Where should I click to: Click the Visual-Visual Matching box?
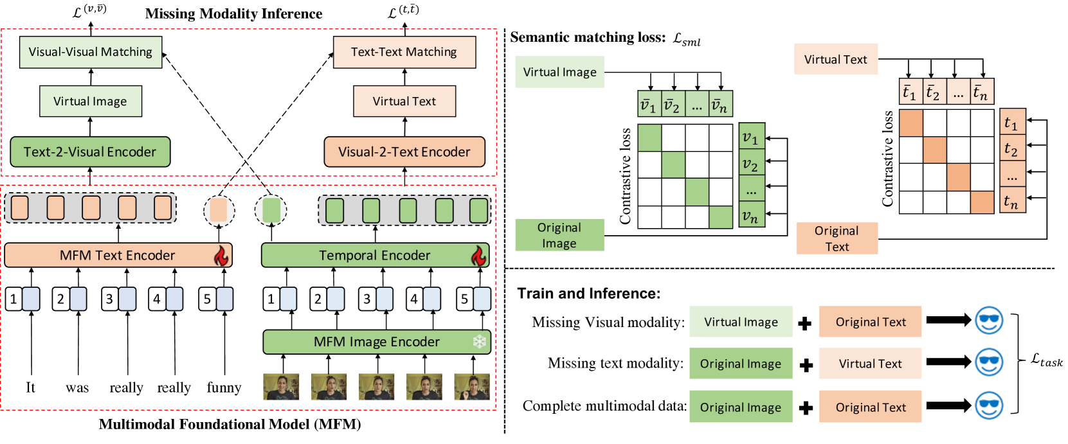coord(91,52)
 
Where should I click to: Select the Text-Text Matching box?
coord(404,52)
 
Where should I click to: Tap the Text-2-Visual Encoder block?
coord(90,152)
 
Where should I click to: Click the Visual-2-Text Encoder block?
coord(404,152)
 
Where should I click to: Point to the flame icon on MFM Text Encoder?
coord(221,255)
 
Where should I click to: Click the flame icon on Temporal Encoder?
coord(478,256)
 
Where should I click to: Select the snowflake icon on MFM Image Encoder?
coord(479,342)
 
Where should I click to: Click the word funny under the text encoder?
coord(224,387)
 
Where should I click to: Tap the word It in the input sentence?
coord(30,387)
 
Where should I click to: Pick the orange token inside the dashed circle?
coord(219,210)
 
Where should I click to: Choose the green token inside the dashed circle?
coord(271,210)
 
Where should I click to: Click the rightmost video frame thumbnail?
coord(472,386)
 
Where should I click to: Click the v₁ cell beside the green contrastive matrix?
coord(752,138)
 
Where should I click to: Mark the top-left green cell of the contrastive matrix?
coord(649,138)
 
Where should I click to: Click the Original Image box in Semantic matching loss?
coord(560,235)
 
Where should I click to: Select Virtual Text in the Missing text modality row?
coord(870,364)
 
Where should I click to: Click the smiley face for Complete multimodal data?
coord(989,406)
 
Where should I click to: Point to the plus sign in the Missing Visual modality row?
coord(805,324)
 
